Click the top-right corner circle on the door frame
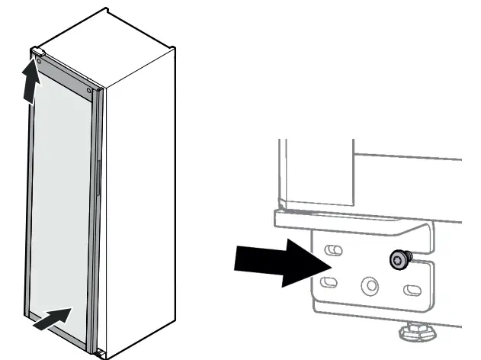(x=90, y=91)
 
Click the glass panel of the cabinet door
(x=61, y=198)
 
